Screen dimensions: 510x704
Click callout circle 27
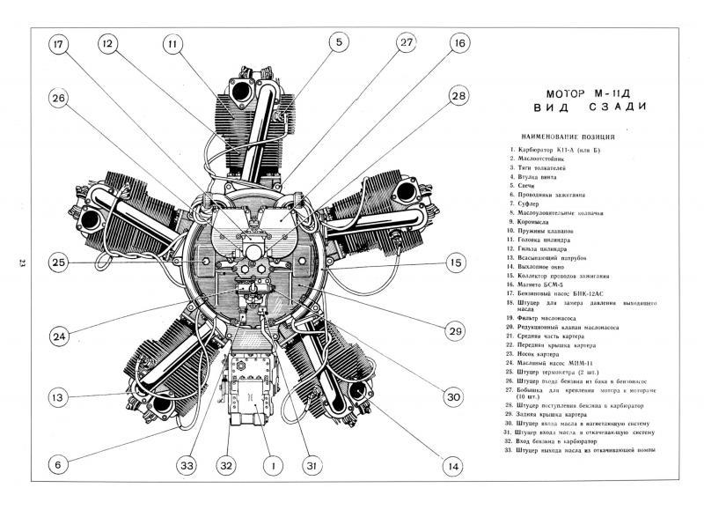[406, 42]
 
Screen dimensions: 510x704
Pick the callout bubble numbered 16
[459, 42]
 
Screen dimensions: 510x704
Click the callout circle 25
[59, 262]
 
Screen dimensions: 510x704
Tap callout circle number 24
[59, 335]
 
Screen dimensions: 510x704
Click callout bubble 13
[59, 398]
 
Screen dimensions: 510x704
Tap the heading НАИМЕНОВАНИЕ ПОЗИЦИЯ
[574, 137]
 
